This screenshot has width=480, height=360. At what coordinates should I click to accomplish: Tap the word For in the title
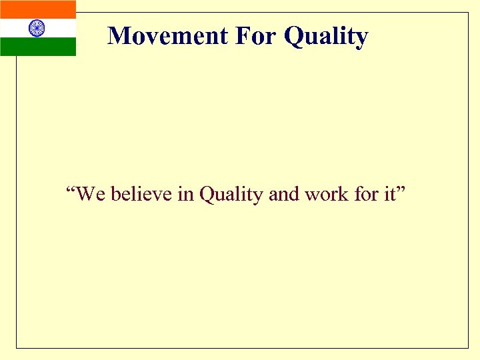tap(256, 35)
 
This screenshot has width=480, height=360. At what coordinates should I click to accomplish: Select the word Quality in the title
tap(326, 37)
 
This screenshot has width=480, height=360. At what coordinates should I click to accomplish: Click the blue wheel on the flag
tap(37, 28)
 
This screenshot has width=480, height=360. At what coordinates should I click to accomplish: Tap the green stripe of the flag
tap(38, 47)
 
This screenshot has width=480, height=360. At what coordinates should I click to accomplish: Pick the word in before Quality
tap(185, 194)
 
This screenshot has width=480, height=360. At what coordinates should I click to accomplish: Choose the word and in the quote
tap(284, 194)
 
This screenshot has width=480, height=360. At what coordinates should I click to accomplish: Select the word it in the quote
tap(390, 194)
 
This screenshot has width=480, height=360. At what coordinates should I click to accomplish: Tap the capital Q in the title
tap(294, 36)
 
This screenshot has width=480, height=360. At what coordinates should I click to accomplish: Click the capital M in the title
tap(119, 35)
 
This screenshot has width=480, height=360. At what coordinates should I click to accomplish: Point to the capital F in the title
tap(241, 35)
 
